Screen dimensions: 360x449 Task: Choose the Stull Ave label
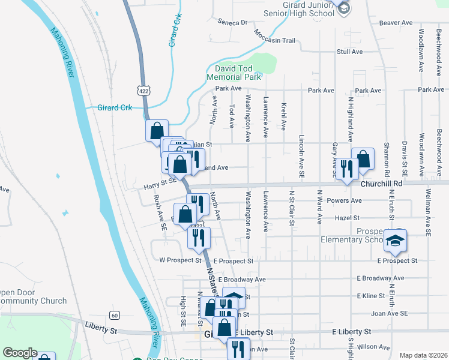pyautogui.click(x=350, y=52)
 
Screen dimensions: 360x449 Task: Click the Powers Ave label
pyautogui.click(x=344, y=200)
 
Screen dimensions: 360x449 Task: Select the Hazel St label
pyautogui.click(x=348, y=218)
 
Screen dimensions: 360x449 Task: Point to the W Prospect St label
pyautogui.click(x=180, y=260)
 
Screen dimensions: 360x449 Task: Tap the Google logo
pyautogui.click(x=20, y=353)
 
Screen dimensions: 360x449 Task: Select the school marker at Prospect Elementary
pyautogui.click(x=395, y=240)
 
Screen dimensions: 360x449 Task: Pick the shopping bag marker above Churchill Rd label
pyautogui.click(x=363, y=158)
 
